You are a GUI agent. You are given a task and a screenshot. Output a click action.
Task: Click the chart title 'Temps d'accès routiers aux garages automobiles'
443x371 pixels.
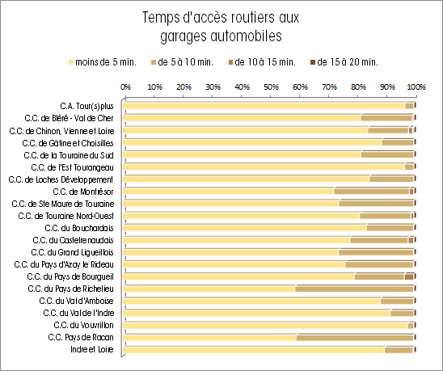point(221,27)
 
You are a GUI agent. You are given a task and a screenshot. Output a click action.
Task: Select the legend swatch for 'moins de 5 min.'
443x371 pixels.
point(70,62)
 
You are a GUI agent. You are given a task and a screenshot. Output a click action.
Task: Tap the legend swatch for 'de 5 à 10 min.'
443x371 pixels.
point(154,62)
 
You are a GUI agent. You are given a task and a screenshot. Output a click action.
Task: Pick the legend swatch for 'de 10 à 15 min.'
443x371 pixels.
point(230,62)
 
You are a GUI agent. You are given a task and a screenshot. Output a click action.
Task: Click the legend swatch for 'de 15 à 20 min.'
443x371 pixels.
point(313,62)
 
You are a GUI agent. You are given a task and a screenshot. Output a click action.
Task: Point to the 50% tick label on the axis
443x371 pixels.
point(271,87)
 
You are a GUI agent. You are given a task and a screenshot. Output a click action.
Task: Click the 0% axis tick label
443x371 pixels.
point(126,87)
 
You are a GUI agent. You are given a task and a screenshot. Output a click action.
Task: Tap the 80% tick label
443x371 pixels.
point(358,87)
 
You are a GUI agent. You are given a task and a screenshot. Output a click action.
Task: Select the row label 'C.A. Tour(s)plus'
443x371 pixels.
point(86,106)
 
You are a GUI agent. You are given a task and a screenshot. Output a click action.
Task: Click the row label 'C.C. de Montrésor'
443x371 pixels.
point(83,192)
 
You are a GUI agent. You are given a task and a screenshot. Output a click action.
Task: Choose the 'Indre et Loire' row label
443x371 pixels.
point(92,349)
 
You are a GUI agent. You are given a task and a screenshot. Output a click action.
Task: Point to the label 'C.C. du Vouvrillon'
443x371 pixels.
point(83,325)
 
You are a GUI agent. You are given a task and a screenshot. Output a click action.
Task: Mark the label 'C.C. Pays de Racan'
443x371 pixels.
point(81,337)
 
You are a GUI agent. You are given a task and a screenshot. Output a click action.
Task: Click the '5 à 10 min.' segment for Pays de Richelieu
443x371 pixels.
point(354,289)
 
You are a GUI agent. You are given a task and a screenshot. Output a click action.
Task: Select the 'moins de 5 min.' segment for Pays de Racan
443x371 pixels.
point(209,337)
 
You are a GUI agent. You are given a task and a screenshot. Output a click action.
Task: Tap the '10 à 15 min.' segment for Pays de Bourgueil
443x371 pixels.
point(409,276)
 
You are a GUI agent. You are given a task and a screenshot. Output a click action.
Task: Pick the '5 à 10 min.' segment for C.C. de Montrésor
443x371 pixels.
point(372,192)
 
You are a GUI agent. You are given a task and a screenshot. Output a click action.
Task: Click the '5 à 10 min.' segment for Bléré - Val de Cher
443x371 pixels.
point(386,118)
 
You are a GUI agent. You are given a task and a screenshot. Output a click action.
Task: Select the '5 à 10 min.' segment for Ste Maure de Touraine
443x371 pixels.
point(377,204)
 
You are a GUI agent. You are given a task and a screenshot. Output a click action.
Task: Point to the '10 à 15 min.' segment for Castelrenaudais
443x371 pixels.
point(411,240)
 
